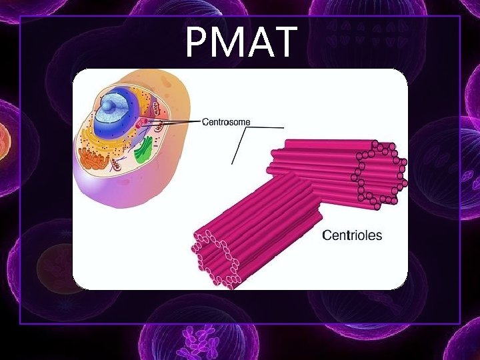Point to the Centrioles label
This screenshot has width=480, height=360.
click(x=352, y=235)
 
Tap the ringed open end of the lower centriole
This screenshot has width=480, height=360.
click(x=215, y=257)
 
